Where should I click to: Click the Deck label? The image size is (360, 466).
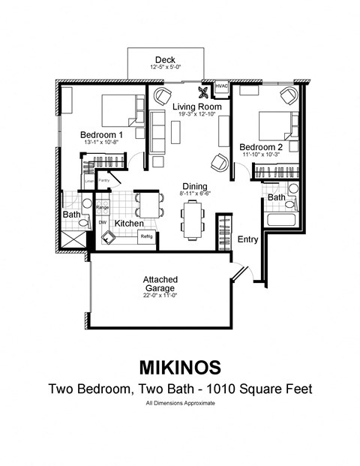pos(164,60)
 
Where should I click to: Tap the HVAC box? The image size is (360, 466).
pos(221,87)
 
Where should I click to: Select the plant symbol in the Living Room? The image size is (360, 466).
pos(202,94)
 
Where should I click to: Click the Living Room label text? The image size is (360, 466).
pos(196,107)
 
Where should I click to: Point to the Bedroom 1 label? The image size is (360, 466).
pos(101,135)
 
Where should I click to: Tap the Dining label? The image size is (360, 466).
pos(195,186)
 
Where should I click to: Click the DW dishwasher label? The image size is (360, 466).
pos(103,223)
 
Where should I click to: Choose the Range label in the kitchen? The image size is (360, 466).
pos(103,206)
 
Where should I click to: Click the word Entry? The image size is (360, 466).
pos(248,239)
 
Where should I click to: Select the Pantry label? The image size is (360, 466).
pos(104,181)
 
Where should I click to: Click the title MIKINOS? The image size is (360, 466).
pos(180,367)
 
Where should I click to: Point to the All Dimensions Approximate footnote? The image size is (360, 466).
pos(180,404)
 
